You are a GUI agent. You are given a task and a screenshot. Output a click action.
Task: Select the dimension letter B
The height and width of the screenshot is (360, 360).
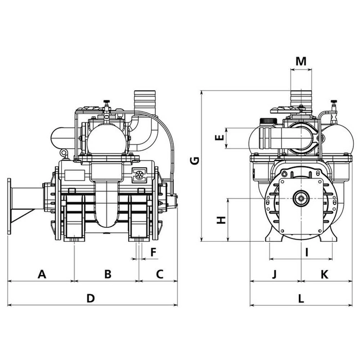(x=107, y=274)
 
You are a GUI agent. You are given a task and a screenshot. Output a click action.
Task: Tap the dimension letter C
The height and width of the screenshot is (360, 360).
(x=159, y=274)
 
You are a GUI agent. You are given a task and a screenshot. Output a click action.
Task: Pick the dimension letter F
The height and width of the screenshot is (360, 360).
(x=153, y=251)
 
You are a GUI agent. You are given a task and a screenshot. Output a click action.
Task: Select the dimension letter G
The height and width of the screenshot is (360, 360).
(x=194, y=161)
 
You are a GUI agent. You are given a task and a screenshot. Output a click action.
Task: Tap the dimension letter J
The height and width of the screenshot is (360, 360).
(x=275, y=274)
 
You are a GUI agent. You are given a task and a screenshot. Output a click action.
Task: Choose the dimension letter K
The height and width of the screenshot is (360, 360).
(x=324, y=274)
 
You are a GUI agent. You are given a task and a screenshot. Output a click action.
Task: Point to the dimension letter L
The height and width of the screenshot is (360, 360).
(x=301, y=298)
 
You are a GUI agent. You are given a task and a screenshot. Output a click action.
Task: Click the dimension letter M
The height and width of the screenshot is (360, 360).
(x=301, y=61)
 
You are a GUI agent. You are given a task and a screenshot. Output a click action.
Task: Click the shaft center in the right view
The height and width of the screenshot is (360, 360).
(x=301, y=198)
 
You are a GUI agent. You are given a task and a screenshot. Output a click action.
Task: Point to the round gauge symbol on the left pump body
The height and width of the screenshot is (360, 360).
(x=139, y=174)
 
